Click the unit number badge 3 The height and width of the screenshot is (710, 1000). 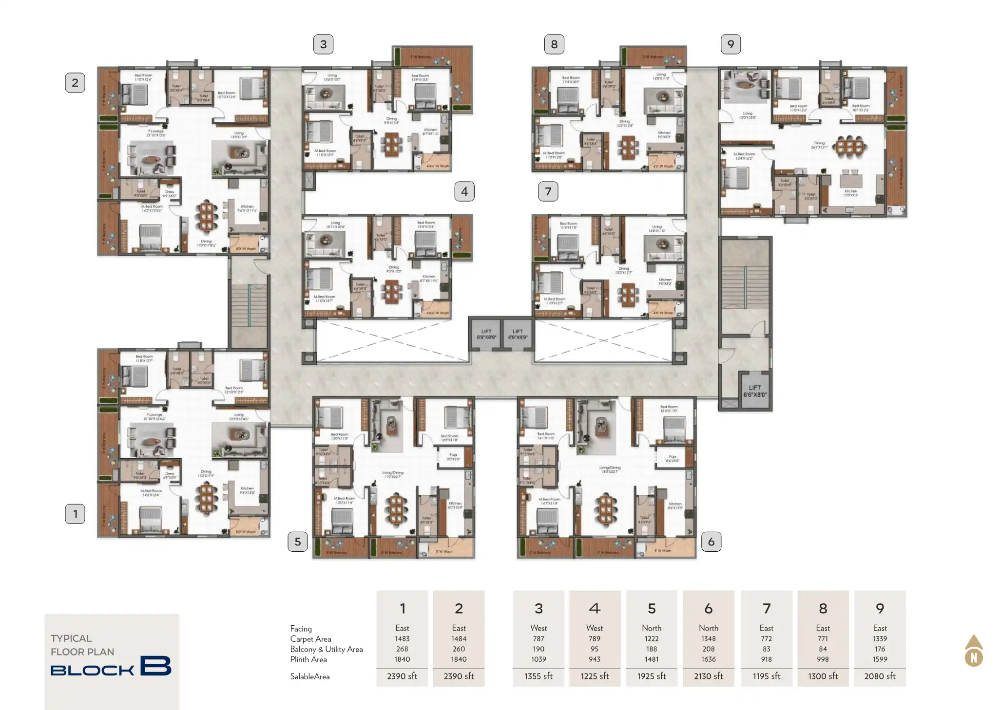pos(323,44)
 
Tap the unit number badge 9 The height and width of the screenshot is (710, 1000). pos(731,44)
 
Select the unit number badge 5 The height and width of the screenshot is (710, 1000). pos(297,542)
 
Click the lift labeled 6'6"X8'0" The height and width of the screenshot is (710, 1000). pos(754,391)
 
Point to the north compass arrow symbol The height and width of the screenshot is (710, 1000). pos(973,651)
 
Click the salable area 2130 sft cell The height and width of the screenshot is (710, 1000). pos(708,676)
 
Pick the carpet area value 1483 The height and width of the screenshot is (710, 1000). pos(402,638)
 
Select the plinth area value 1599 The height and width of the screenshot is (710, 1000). pos(880,659)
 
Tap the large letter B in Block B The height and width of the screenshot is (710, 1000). pos(155,666)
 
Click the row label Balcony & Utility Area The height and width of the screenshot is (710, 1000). pos(326,649)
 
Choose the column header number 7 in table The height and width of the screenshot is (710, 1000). pos(766,608)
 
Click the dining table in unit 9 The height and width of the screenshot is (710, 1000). pos(849,146)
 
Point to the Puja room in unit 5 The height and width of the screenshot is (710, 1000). pos(453,458)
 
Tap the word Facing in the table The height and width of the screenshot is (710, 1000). pos(301,629)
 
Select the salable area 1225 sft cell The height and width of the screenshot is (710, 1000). pos(594,676)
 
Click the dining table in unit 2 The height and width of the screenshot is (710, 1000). pos(207,217)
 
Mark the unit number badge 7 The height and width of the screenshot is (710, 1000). pos(548,191)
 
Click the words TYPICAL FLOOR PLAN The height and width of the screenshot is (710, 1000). pos(82,645)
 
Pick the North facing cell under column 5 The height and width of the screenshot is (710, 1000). pos(651,628)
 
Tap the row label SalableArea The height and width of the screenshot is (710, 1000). pos(309,676)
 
